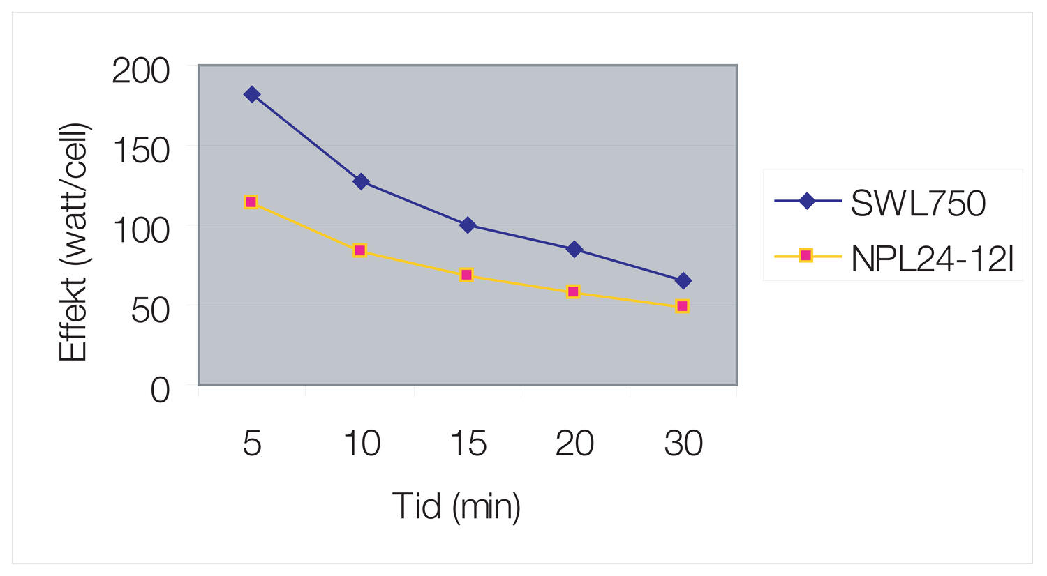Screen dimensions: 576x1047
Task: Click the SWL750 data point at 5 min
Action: [x=252, y=95]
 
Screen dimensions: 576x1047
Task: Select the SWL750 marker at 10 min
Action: [x=361, y=182]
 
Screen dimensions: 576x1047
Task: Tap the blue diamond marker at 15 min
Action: [x=468, y=225]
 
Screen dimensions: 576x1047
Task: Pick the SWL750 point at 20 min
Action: [x=574, y=249]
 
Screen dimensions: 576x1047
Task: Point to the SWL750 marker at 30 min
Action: [x=683, y=281]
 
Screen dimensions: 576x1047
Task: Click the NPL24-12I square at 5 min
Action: [x=251, y=202]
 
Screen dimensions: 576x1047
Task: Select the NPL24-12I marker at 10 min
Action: [x=360, y=250]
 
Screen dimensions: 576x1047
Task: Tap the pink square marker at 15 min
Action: [x=467, y=275]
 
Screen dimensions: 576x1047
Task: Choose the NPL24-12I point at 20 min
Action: [x=574, y=291]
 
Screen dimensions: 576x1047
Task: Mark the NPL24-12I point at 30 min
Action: [x=683, y=306]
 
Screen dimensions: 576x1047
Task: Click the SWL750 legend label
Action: [x=918, y=203]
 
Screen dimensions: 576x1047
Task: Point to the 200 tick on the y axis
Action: [x=141, y=71]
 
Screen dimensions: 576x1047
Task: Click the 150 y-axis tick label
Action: [x=141, y=151]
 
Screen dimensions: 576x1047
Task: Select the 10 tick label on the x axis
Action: [x=362, y=444]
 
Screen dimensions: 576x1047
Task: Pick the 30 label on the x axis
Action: [x=683, y=444]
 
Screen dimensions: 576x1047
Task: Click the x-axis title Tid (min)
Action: [x=456, y=506]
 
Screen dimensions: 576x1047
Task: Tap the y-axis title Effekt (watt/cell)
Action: [x=74, y=243]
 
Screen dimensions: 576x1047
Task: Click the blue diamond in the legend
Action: [x=807, y=202]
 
